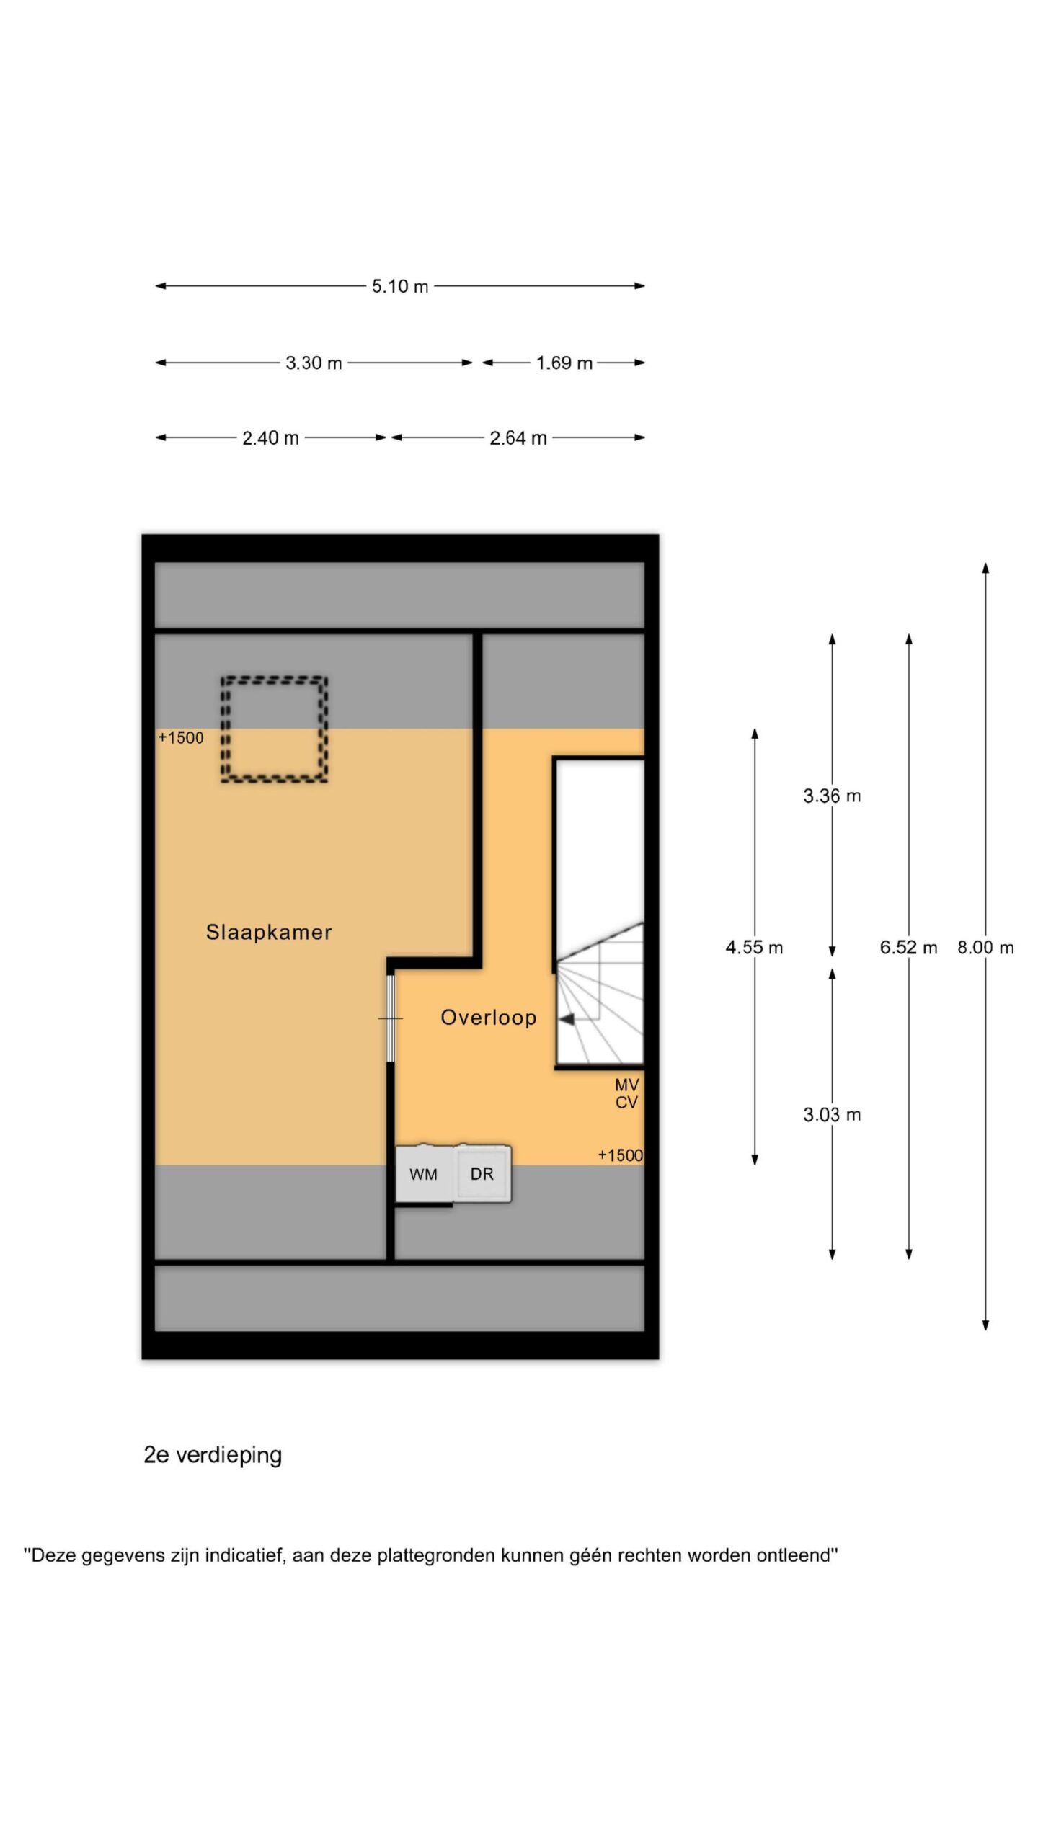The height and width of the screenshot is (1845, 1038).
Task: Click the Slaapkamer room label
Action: [x=269, y=932]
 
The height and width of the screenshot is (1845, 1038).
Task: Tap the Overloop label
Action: [x=489, y=1018]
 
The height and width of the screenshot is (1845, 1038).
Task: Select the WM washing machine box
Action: [x=424, y=1174]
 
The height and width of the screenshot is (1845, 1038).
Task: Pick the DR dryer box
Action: [x=482, y=1174]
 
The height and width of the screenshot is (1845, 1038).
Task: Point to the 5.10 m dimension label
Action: [x=400, y=286]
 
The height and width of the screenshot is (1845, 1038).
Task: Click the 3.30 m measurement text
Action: [x=314, y=363]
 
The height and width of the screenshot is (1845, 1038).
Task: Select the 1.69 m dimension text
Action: [x=564, y=363]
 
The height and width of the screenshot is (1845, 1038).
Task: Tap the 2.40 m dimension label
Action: [x=270, y=438]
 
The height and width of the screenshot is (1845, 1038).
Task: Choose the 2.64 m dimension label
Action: [x=518, y=438]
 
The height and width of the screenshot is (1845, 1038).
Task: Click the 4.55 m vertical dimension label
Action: [x=754, y=947]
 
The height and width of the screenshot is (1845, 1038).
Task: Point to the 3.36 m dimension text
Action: [x=832, y=796]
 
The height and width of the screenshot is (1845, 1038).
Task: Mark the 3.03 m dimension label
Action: [x=832, y=1115]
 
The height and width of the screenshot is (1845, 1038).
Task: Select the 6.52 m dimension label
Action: [x=908, y=947]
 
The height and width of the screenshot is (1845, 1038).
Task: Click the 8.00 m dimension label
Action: [x=985, y=947]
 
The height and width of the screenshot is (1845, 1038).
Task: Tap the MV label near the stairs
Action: [x=627, y=1085]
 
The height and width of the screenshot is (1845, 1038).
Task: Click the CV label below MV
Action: [x=627, y=1102]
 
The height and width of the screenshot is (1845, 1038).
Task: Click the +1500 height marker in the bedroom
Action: [x=181, y=737]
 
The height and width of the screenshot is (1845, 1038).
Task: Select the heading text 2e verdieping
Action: [x=213, y=1455]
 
